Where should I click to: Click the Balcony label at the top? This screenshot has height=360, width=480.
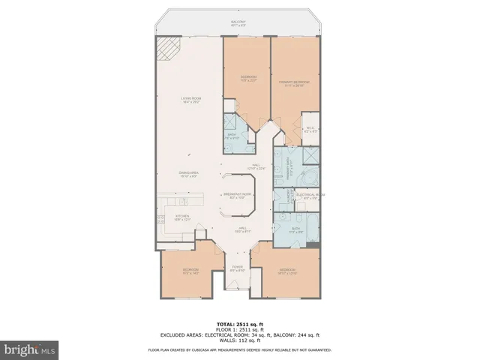tap(238, 23)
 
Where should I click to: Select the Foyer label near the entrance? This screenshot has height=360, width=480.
tap(238, 268)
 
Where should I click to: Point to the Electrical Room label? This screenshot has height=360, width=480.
tap(310, 195)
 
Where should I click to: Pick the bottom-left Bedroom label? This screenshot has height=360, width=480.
tap(190, 271)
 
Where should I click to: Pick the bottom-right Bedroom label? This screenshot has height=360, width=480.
tap(288, 271)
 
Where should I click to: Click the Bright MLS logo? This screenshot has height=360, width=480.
tap(29, 349)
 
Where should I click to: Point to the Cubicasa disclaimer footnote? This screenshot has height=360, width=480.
tap(239, 350)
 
